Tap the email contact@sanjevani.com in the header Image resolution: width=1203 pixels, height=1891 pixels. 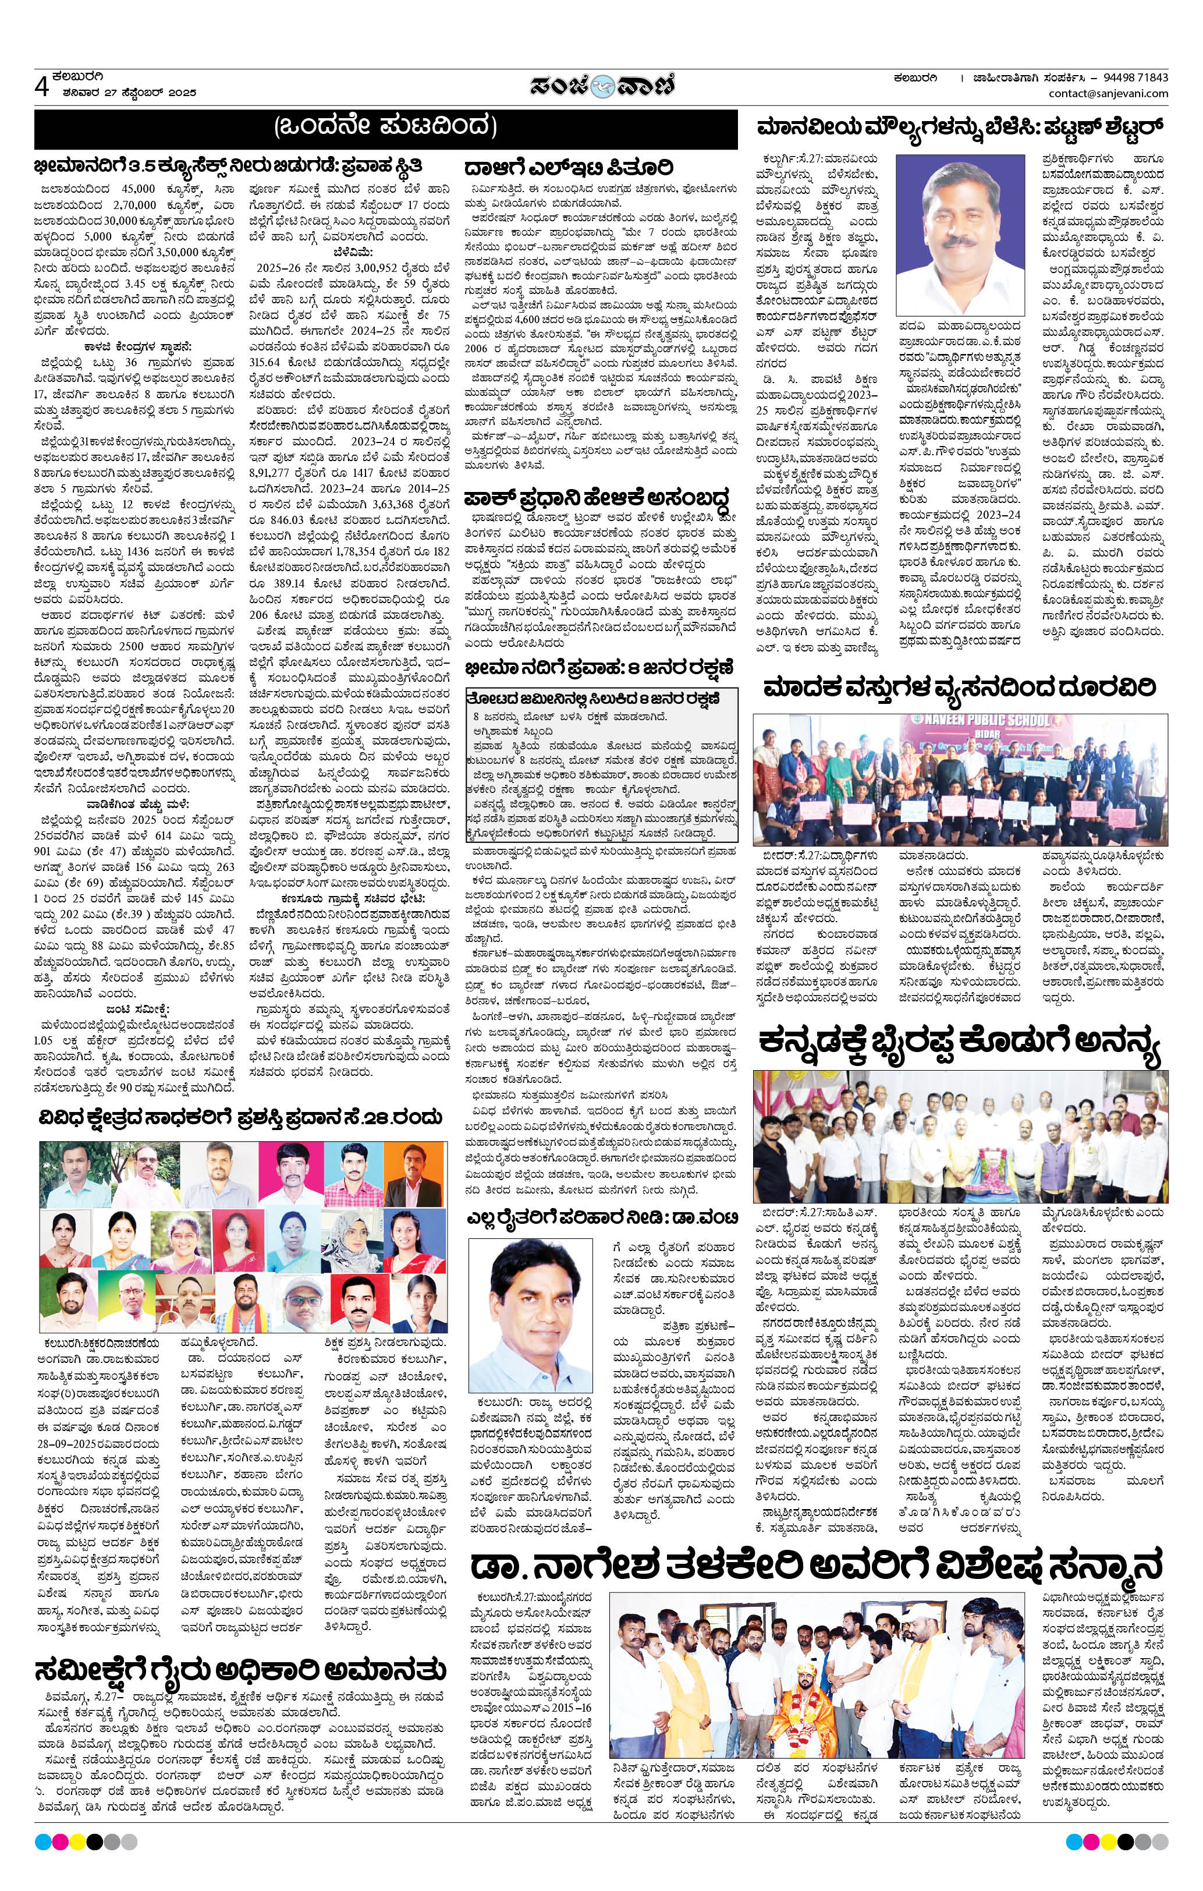(x=1108, y=94)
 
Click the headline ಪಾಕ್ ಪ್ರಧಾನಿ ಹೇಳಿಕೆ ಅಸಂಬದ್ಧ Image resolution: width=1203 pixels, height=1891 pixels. (x=597, y=498)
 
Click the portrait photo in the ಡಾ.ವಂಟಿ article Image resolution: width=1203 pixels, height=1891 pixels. (x=535, y=1309)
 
